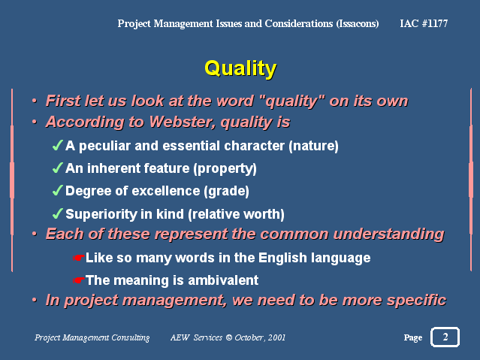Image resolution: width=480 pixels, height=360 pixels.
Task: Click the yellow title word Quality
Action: pos(240,68)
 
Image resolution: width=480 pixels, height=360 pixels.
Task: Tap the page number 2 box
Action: pos(445,337)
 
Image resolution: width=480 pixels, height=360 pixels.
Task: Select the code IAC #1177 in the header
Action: pos(424,23)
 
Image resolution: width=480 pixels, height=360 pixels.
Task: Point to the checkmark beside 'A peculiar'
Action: pos(58,145)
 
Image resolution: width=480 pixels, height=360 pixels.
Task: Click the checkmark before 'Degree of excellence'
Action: pos(58,191)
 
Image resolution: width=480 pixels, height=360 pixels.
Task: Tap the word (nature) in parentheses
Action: pos(313,146)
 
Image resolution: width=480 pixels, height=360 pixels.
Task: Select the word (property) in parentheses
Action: pos(225,169)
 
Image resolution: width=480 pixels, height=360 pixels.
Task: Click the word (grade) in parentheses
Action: pos(227,192)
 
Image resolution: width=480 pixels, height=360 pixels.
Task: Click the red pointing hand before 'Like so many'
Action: pos(78,258)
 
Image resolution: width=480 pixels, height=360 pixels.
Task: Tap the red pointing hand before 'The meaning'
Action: pos(78,280)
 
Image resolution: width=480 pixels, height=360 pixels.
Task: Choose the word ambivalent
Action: pos(223,280)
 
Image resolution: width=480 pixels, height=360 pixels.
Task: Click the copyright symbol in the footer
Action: pos(229,337)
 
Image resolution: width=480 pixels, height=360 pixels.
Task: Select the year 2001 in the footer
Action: pos(276,337)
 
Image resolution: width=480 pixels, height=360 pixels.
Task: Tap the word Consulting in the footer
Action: pos(131,337)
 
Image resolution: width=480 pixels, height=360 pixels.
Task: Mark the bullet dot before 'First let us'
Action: pos(35,101)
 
